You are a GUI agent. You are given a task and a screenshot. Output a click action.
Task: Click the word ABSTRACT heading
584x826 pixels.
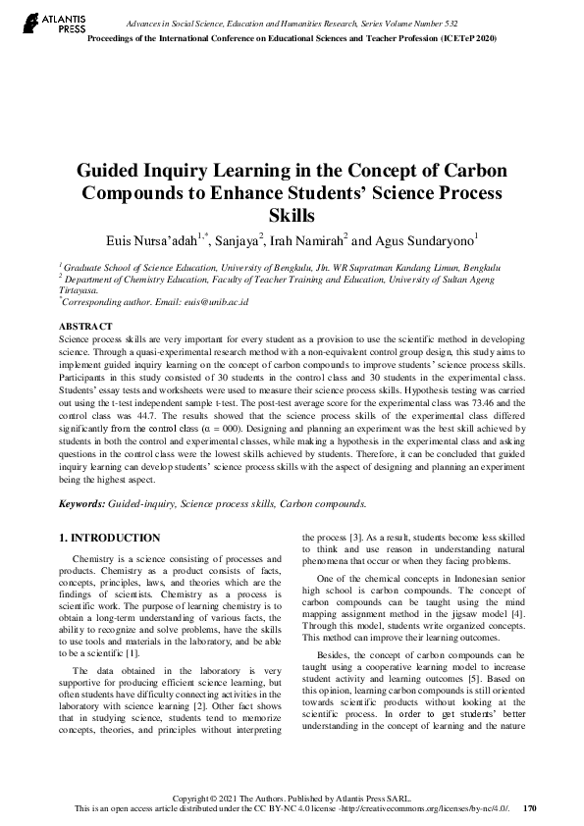(x=86, y=325)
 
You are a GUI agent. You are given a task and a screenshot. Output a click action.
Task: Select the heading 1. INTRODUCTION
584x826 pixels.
(x=110, y=538)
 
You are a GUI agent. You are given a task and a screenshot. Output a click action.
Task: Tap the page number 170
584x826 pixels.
(x=530, y=808)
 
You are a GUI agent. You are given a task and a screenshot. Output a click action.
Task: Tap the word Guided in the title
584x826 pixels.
(x=113, y=169)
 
